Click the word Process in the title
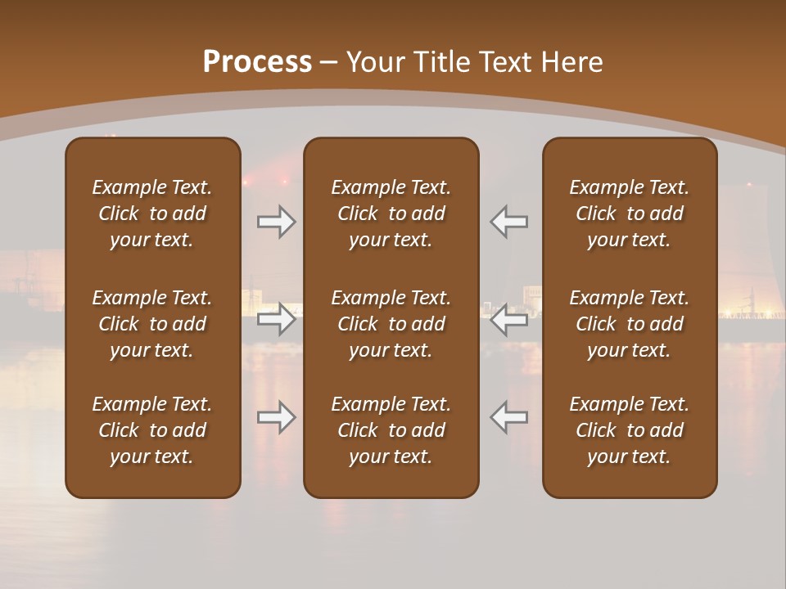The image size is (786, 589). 257,62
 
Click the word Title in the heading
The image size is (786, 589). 441,62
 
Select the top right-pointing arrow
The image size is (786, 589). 277,222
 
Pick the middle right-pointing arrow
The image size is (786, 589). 277,319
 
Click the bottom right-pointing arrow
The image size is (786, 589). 277,418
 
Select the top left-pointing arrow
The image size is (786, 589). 509,222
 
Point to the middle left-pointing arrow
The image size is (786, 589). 509,319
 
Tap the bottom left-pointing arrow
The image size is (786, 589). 509,418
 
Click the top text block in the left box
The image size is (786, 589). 152,214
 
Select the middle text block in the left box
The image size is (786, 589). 152,324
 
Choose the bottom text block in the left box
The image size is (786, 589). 152,430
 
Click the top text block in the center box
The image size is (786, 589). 391,214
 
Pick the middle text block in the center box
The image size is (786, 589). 391,324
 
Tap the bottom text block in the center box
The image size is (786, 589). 391,430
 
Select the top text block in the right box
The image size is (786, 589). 630,214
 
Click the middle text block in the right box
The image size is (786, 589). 630,324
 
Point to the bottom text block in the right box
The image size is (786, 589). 630,430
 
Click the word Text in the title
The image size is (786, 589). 504,62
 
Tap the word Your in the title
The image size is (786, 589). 373,62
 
